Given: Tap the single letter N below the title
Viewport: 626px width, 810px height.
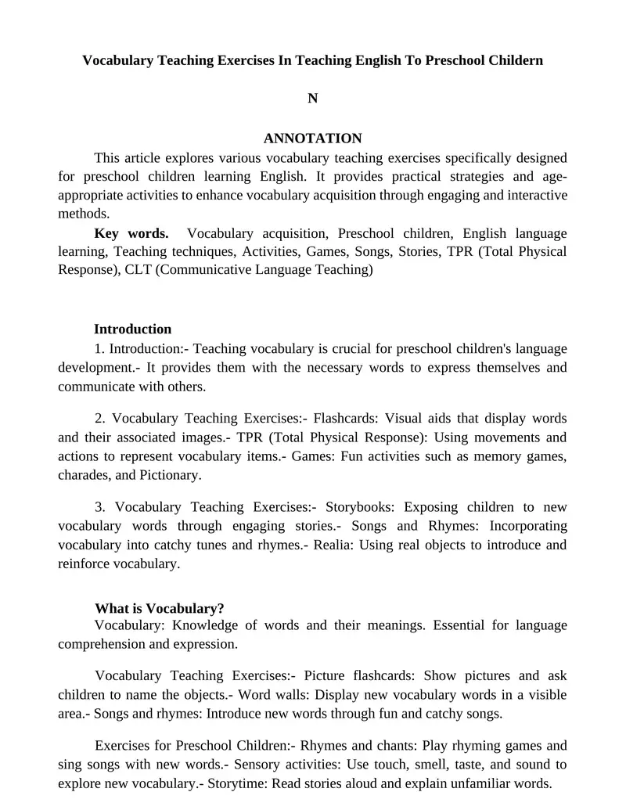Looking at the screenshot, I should click(313, 99).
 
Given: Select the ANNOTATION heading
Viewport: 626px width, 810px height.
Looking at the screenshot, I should click(313, 139).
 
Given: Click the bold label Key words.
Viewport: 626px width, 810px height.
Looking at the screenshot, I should click(131, 233).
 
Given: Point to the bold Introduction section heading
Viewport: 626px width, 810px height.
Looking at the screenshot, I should click(132, 329).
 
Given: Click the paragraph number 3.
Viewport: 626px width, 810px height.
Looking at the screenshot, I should click(99, 507).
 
